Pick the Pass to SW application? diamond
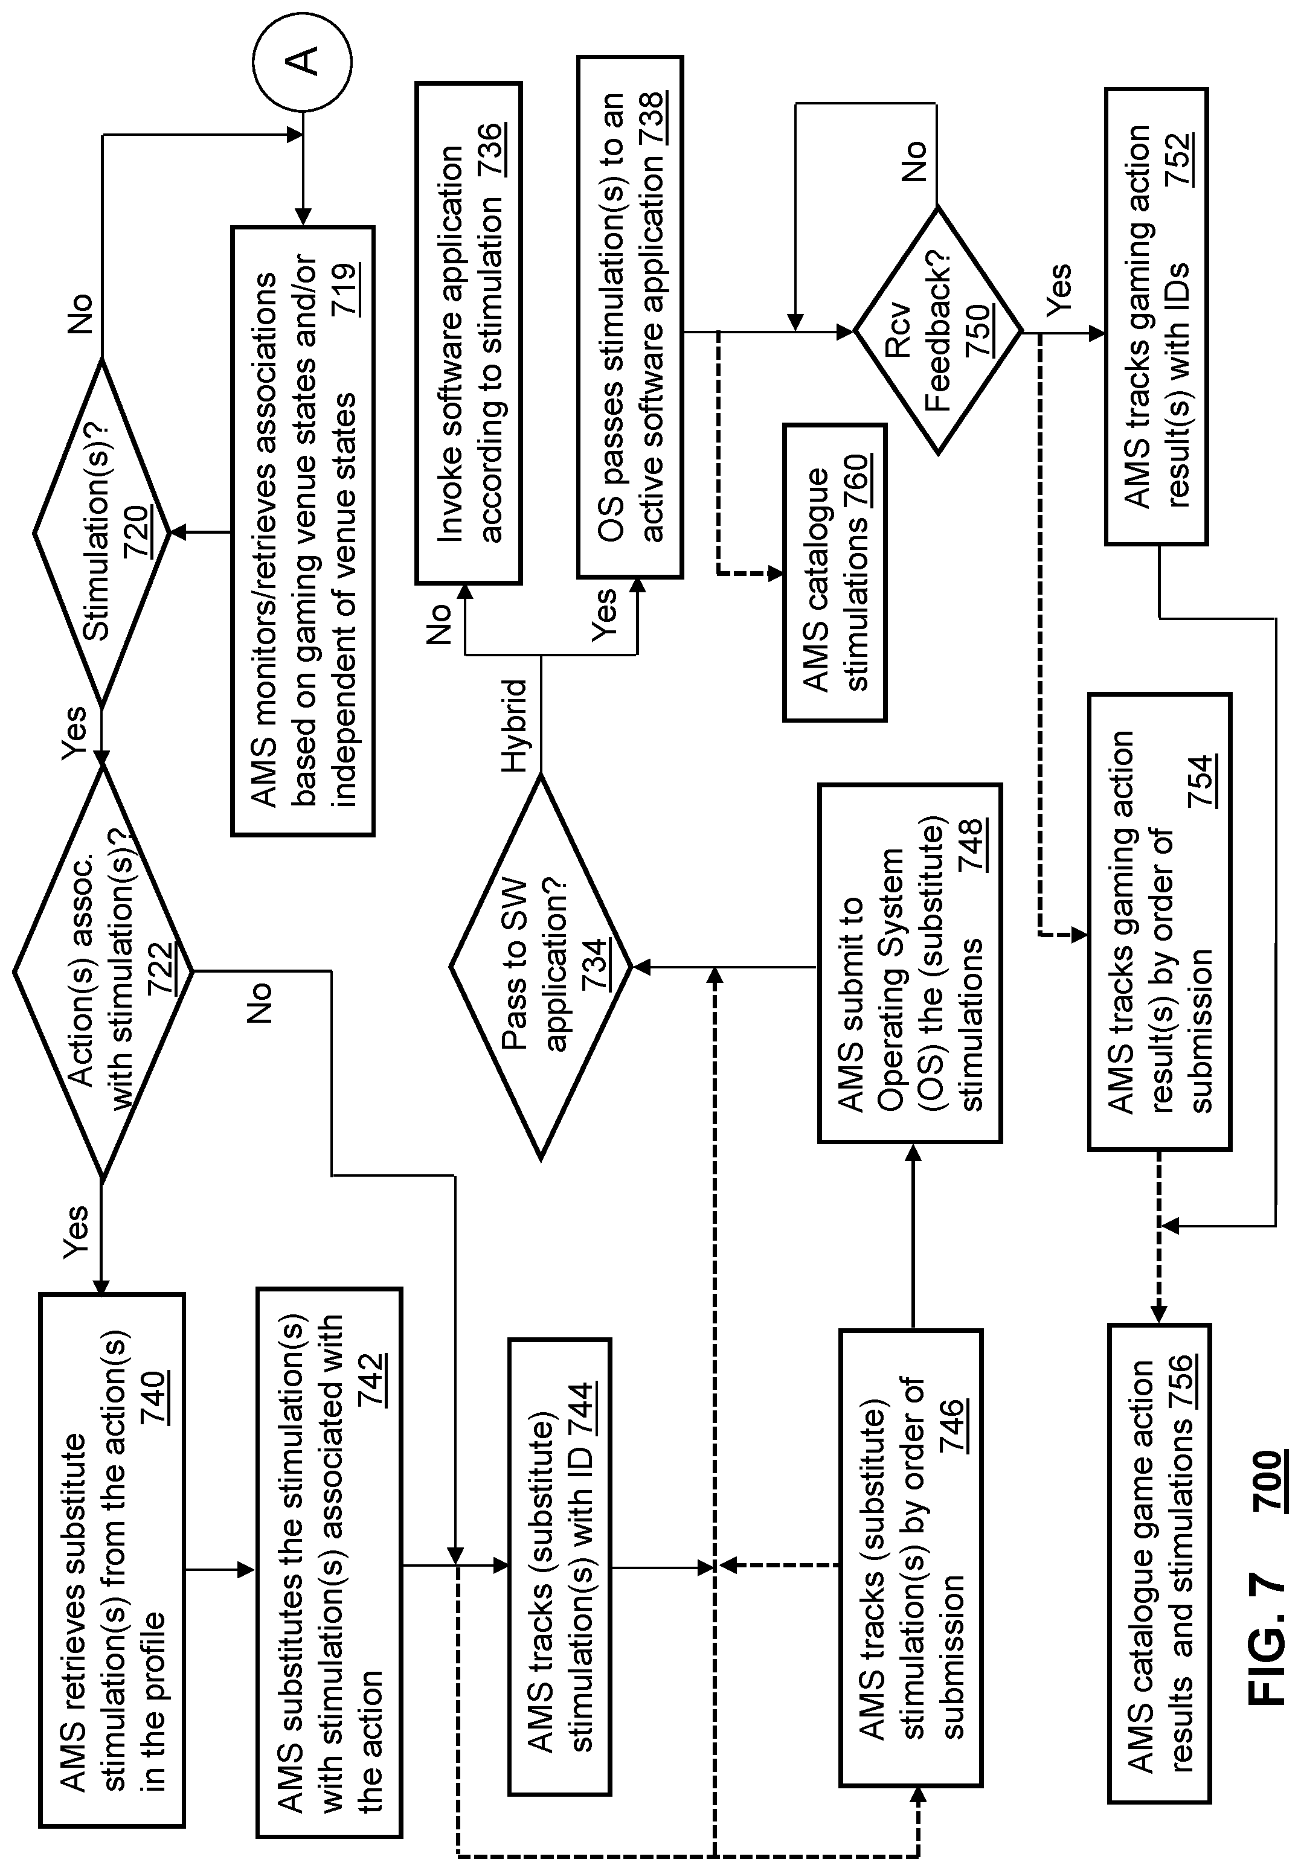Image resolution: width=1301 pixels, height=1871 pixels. pyautogui.click(x=541, y=967)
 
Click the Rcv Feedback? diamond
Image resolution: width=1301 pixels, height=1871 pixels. pyautogui.click(x=937, y=331)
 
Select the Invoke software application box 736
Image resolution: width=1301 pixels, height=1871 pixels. pyautogui.click(x=468, y=333)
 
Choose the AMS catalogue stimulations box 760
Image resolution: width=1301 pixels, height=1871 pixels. pyautogui.click(x=835, y=572)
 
